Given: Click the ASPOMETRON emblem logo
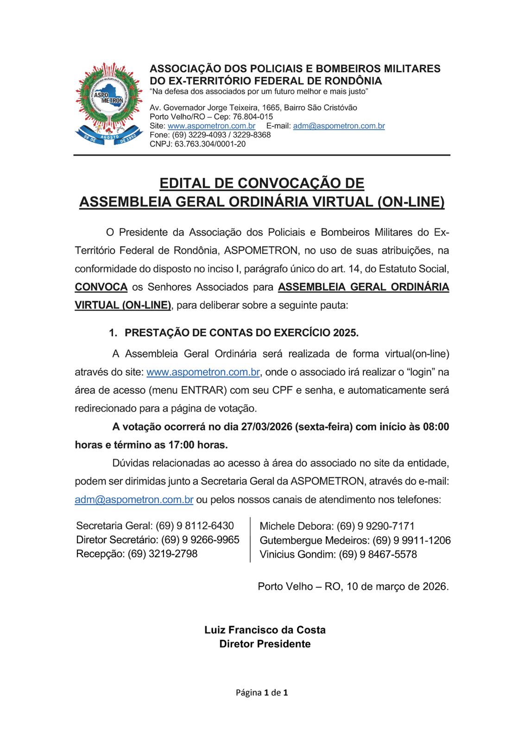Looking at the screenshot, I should tap(109, 103).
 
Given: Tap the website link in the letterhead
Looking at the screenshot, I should tap(211, 126).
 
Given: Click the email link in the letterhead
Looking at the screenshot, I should tap(339, 126).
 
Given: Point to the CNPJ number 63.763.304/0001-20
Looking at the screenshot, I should tap(210, 144).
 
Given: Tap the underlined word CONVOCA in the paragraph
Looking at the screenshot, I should tap(101, 287).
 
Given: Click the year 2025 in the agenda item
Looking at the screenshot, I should tap(345, 333).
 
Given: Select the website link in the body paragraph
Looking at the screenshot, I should tap(203, 372).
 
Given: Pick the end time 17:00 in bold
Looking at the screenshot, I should tap(181, 445).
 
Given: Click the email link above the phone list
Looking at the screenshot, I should tap(134, 500).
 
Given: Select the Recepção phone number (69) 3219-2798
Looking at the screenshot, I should tap(163, 554).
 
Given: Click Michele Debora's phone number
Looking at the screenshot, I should tap(375, 526).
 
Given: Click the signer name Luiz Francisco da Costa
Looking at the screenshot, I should tap(265, 630).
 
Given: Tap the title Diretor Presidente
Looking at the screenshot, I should tap(265, 644).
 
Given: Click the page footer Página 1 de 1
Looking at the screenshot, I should tap(262, 693).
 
